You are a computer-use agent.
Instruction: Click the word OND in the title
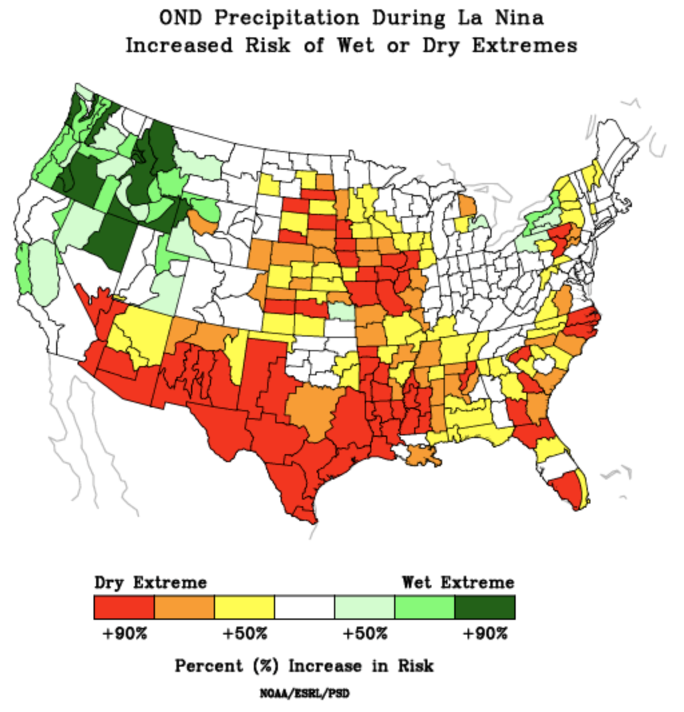(178, 17)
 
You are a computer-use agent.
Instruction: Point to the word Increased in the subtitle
(179, 45)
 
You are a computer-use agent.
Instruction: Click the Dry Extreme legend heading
(150, 582)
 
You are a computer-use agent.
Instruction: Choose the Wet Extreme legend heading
(458, 582)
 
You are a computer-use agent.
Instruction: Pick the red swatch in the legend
(124, 607)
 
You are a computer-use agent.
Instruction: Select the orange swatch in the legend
(184, 607)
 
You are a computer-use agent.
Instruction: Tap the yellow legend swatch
(244, 607)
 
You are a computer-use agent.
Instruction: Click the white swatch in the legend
(305, 607)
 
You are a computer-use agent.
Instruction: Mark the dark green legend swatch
(485, 607)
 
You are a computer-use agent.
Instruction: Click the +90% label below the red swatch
(124, 633)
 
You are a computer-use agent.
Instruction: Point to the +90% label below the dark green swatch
(485, 633)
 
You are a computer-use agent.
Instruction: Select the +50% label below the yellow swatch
(244, 633)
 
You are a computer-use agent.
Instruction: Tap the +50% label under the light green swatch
(365, 633)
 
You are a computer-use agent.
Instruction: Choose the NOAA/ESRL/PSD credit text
(305, 693)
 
